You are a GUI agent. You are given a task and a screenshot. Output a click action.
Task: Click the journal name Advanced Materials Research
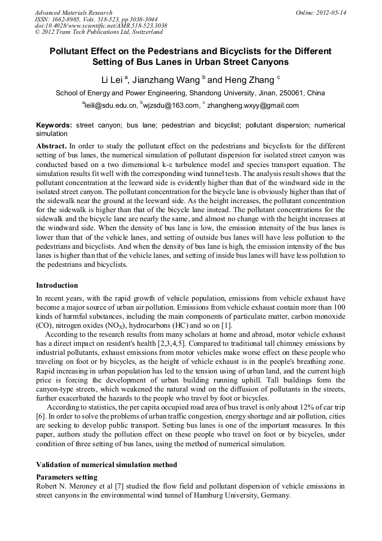pyautogui.click(x=73, y=12)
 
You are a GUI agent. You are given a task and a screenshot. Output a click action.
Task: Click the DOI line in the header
pyautogui.click(x=100, y=26)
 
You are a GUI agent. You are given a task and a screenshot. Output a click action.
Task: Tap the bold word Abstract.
pyautogui.click(x=51, y=146)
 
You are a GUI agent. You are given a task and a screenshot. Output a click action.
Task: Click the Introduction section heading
pyautogui.click(x=57, y=285)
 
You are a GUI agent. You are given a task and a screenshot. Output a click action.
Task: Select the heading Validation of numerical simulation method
pyautogui.click(x=106, y=465)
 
